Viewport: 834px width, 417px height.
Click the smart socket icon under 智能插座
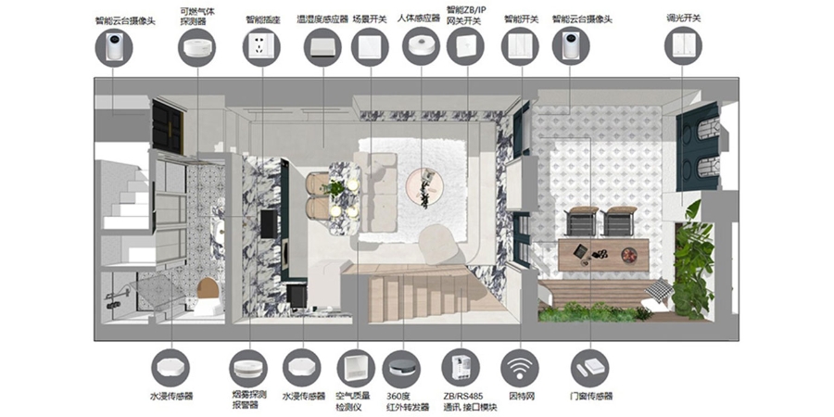pyautogui.click(x=261, y=47)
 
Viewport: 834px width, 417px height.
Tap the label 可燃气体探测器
pyautogui.click(x=196, y=16)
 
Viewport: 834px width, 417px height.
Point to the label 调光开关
pyautogui.click(x=684, y=19)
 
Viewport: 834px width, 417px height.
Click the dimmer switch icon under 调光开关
pyautogui.click(x=683, y=45)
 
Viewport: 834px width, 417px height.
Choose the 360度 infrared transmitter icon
pyautogui.click(x=401, y=369)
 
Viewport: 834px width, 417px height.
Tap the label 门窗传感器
pyautogui.click(x=591, y=397)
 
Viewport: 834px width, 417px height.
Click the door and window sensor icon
pyautogui.click(x=590, y=368)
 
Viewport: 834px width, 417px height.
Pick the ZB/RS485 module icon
pyautogui.click(x=461, y=368)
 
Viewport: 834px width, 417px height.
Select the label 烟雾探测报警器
pyautogui.click(x=249, y=400)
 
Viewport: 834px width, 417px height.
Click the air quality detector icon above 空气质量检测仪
pyautogui.click(x=356, y=368)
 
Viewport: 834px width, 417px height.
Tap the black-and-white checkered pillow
pyautogui.click(x=659, y=290)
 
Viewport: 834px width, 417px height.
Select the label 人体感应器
pyautogui.click(x=419, y=19)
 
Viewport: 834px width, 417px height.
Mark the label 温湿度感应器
pyautogui.click(x=322, y=19)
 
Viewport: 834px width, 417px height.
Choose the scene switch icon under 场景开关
pyautogui.click(x=370, y=47)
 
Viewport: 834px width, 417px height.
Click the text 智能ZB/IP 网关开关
pyautogui.click(x=466, y=16)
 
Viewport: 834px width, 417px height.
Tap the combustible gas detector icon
pyautogui.click(x=196, y=48)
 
